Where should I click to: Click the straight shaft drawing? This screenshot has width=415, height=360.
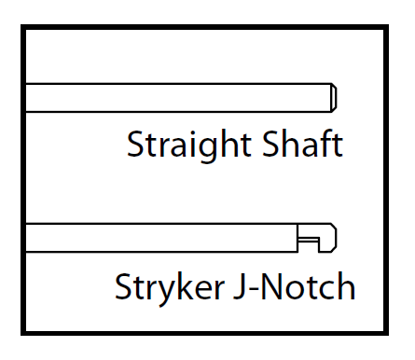pyautogui.click(x=177, y=97)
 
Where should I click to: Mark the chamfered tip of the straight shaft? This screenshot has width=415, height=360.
pyautogui.click(x=334, y=97)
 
